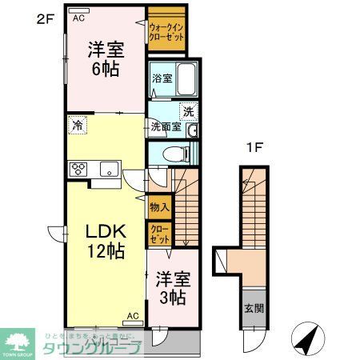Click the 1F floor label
point(254,147)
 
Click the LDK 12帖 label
point(104,241)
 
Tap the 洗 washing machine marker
point(188,111)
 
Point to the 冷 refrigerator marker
point(78,125)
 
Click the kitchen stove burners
point(80,169)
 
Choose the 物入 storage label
point(158,207)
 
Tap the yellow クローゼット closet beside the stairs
point(158,234)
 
